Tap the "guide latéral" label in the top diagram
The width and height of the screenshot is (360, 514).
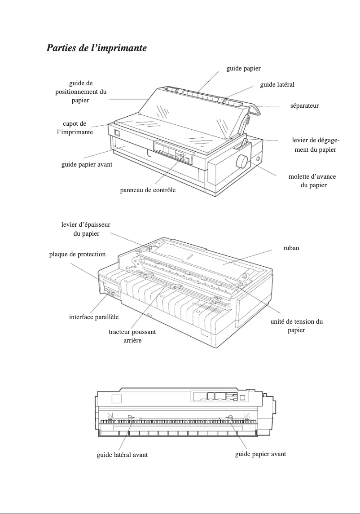click(277, 84)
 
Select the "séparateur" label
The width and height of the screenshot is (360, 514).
click(304, 106)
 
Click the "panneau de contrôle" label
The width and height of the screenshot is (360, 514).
click(148, 190)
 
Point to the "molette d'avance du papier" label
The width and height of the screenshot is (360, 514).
click(312, 181)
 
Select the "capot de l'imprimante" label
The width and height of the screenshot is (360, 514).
click(75, 127)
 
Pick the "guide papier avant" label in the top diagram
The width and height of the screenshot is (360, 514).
click(87, 165)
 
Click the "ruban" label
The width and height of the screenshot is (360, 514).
click(291, 247)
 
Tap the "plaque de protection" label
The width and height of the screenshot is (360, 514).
click(77, 254)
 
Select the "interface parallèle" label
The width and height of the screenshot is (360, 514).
click(94, 317)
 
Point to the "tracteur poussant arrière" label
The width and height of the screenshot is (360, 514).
click(132, 336)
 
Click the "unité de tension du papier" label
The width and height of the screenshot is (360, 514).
click(296, 325)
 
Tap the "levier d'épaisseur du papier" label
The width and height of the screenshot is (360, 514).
click(86, 229)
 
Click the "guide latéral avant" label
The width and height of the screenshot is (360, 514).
click(122, 455)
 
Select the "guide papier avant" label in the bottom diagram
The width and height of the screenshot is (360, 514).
click(260, 454)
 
